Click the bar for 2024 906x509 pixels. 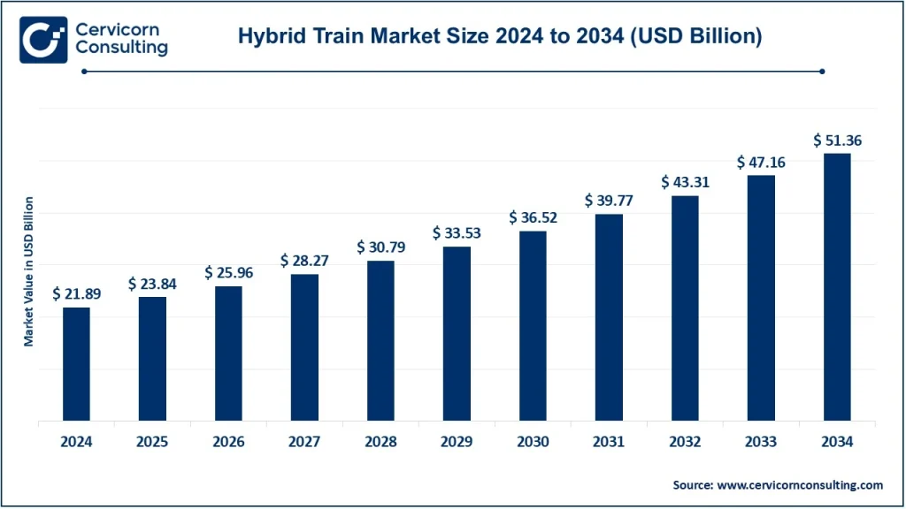pos(76,363)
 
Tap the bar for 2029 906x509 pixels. pos(457,333)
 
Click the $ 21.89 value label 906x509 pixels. pos(76,293)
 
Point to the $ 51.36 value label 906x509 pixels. pos(837,140)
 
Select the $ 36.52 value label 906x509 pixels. pos(533,217)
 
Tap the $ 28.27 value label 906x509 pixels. pos(304,261)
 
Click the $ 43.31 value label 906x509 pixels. pos(685,182)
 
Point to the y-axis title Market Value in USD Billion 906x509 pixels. pos(29,271)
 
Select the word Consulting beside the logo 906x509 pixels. pos(121,49)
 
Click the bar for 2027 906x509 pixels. pos(304,346)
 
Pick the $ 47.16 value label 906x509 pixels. pos(761,163)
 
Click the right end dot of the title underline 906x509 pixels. pos(823,72)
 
